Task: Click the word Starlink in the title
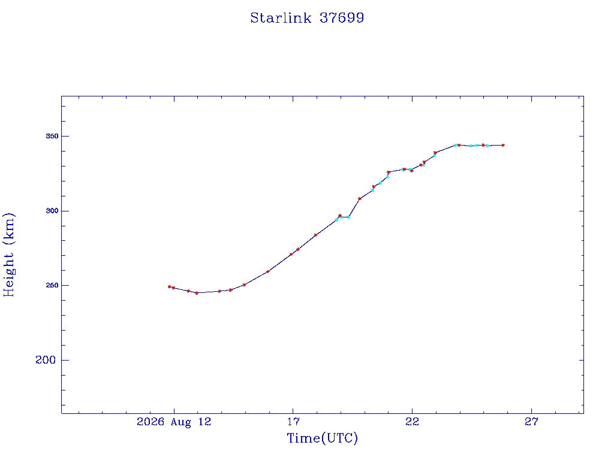tap(281, 18)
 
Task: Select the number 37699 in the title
tap(342, 18)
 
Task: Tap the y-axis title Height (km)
tap(8, 255)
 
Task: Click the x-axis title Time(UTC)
tap(322, 438)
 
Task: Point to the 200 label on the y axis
tap(46, 360)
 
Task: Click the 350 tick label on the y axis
tap(52, 136)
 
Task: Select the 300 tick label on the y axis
tap(52, 211)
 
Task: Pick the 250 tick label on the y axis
tap(52, 286)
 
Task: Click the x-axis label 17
tap(293, 422)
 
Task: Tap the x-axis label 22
tap(413, 422)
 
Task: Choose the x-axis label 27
tap(531, 422)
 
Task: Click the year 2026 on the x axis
tap(151, 422)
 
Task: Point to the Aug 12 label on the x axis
tap(191, 422)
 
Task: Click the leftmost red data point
tap(170, 287)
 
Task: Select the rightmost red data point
tap(503, 145)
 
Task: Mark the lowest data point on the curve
tap(197, 293)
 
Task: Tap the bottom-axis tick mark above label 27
tap(531, 411)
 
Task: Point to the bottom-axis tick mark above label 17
tap(293, 411)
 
